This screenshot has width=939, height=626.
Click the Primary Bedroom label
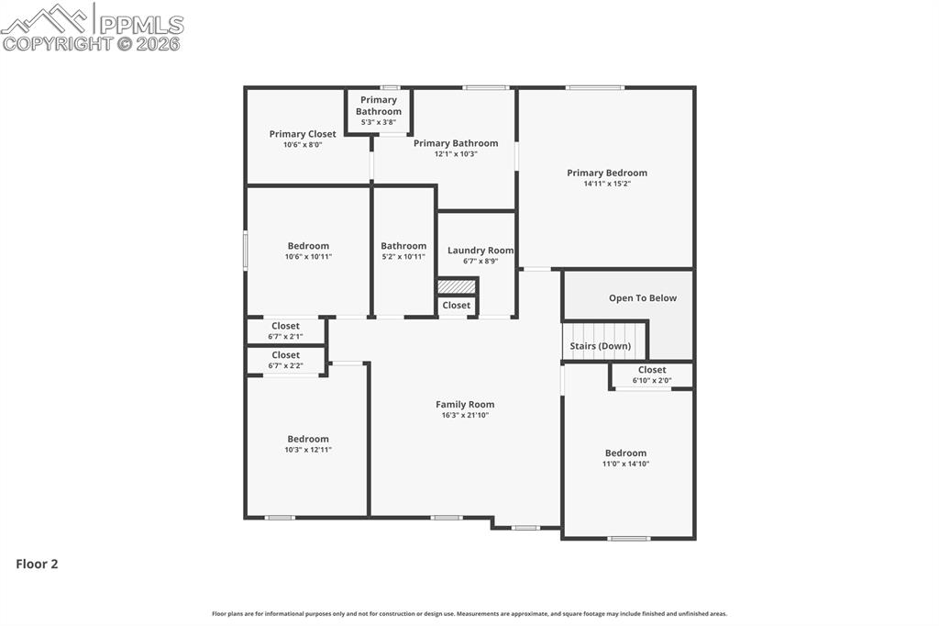[x=606, y=173]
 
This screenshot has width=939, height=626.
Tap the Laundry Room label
[x=481, y=251]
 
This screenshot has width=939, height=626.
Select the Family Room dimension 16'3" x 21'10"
[x=465, y=416]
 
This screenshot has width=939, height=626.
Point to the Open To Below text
[x=643, y=298]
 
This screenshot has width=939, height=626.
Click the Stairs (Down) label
[x=600, y=346]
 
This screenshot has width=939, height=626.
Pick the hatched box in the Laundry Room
[x=457, y=286]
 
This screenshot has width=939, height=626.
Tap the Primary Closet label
[x=303, y=134]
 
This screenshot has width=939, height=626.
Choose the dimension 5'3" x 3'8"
[x=379, y=122]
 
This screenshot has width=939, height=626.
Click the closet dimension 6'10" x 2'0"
[x=652, y=380]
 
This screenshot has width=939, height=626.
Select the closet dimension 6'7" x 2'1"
[x=285, y=337]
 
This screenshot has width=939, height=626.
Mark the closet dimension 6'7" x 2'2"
[x=285, y=365]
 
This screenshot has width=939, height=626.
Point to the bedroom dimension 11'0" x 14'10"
[x=625, y=464]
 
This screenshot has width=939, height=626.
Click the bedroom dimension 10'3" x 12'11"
[x=307, y=450]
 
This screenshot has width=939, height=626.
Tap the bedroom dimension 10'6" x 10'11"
[x=308, y=257]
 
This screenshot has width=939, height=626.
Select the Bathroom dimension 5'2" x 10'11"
[x=403, y=257]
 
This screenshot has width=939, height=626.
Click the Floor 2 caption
[x=37, y=565]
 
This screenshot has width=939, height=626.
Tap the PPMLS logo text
[x=140, y=24]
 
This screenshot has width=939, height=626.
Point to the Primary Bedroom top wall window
[x=594, y=88]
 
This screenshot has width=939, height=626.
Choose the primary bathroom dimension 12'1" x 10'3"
[x=456, y=154]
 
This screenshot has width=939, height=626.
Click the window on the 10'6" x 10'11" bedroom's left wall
[x=245, y=251]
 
